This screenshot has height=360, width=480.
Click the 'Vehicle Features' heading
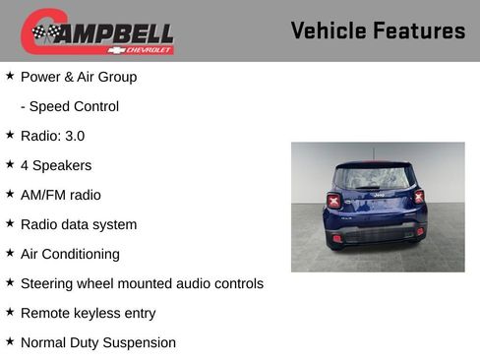(378, 31)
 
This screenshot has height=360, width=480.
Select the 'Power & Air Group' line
(79, 77)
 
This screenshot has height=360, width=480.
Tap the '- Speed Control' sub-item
(70, 106)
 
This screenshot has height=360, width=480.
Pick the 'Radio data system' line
(79, 224)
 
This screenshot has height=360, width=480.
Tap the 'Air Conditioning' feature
(70, 254)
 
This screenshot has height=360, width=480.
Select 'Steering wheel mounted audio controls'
(142, 283)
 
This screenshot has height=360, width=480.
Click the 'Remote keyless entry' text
(88, 313)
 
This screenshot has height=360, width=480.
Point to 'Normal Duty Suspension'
(98, 342)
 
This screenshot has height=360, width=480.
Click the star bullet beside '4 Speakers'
(10, 164)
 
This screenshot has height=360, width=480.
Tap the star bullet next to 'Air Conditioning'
(10, 253)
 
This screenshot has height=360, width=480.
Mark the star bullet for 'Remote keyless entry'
(10, 312)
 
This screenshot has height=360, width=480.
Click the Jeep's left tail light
(334, 200)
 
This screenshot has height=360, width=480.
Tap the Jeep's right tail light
(419, 197)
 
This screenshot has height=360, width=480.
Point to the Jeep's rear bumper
(378, 234)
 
